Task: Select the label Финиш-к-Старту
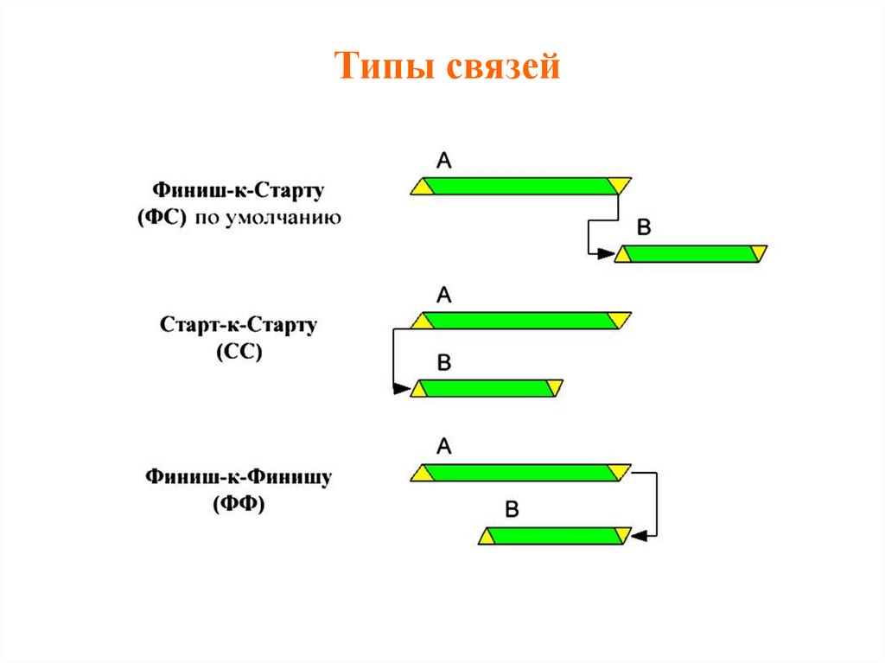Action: [x=238, y=189]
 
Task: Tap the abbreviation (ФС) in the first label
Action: [x=162, y=218]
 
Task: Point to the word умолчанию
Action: [x=283, y=219]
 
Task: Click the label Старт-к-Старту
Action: [x=239, y=326]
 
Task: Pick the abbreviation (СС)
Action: [x=237, y=354]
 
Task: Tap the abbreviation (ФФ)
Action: [x=239, y=504]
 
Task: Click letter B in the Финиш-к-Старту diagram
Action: [x=644, y=228]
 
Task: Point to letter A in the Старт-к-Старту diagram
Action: [x=444, y=296]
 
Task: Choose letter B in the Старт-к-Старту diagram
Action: [x=444, y=363]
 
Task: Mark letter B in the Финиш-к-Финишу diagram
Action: [x=512, y=510]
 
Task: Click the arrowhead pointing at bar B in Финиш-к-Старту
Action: [x=607, y=253]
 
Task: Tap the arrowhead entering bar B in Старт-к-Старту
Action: [x=402, y=389]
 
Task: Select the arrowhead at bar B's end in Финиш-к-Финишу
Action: [x=639, y=537]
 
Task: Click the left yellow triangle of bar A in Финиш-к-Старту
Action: [x=421, y=188]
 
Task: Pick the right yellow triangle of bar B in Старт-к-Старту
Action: [x=555, y=388]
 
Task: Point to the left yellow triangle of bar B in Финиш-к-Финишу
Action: [x=487, y=537]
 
